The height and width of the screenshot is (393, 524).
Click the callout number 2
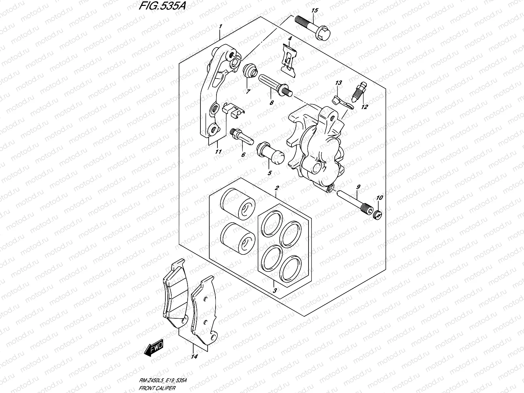pyautogui.click(x=277, y=188)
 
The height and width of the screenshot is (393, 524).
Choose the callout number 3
pyautogui.click(x=275, y=290)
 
